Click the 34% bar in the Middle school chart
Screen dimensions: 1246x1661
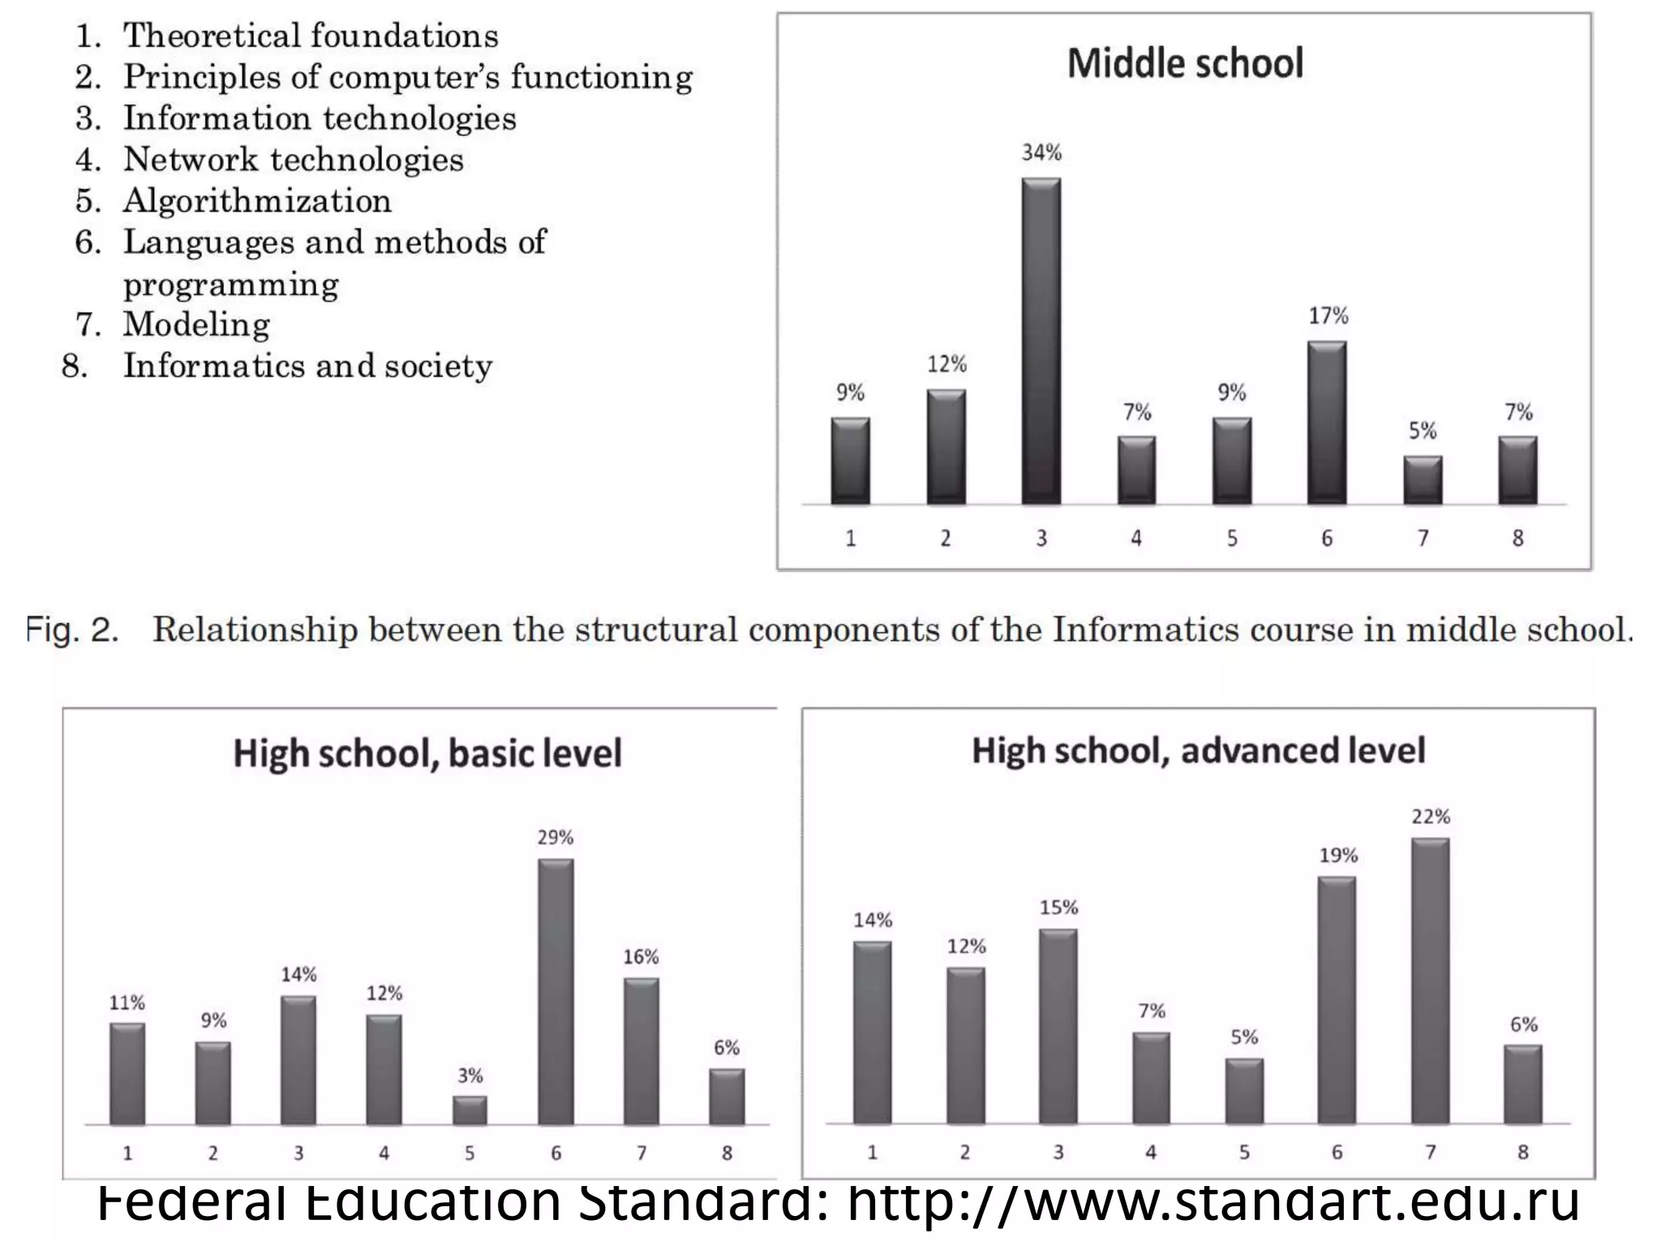pyautogui.click(x=1041, y=341)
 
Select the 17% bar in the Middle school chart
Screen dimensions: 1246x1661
pyautogui.click(x=1327, y=422)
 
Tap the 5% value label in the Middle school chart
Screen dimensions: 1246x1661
pyautogui.click(x=1423, y=431)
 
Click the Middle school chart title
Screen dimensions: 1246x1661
pyautogui.click(x=1185, y=64)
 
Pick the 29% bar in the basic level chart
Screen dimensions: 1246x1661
pyautogui.click(x=556, y=991)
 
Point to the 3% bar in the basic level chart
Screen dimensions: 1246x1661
pyautogui.click(x=470, y=1111)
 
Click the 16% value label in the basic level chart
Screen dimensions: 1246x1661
pyautogui.click(x=641, y=957)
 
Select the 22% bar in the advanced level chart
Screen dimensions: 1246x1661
pyautogui.click(x=1430, y=981)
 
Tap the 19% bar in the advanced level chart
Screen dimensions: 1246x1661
pyautogui.click(x=1337, y=999)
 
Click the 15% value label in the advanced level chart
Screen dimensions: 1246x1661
pyautogui.click(x=1058, y=908)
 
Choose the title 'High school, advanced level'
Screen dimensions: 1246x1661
pyautogui.click(x=1198, y=751)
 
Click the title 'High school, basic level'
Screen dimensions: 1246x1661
pyautogui.click(x=427, y=754)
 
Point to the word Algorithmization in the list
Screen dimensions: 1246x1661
pyautogui.click(x=257, y=201)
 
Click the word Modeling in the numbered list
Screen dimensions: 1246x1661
pyautogui.click(x=196, y=324)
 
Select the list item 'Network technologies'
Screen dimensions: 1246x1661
pyautogui.click(x=293, y=160)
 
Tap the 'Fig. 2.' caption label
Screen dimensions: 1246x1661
pyautogui.click(x=72, y=630)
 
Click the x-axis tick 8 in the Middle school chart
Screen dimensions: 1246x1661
pyautogui.click(x=1517, y=538)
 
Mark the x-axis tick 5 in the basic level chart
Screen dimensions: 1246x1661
pyautogui.click(x=470, y=1153)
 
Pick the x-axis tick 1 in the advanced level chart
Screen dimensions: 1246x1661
pyautogui.click(x=872, y=1152)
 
